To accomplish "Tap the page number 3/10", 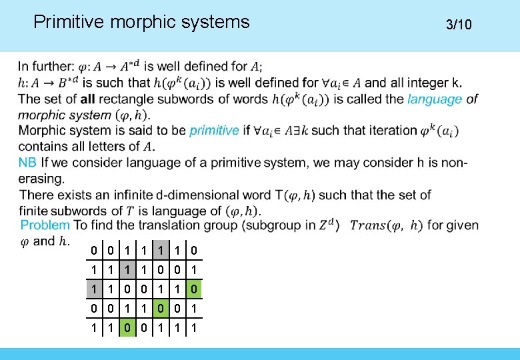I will click(459, 25).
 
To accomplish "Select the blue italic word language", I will click(435, 99).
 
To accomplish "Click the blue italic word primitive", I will click(214, 130).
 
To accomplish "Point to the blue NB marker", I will click(27, 163).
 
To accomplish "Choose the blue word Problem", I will click(45, 225).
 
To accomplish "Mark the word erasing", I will click(43, 179).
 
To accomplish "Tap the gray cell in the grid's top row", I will click(160, 251).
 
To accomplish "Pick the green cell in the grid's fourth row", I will click(160, 309).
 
